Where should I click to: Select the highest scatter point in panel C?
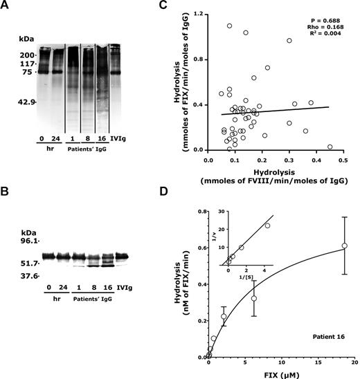pos(229,26)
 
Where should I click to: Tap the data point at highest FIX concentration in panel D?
pos(344,246)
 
